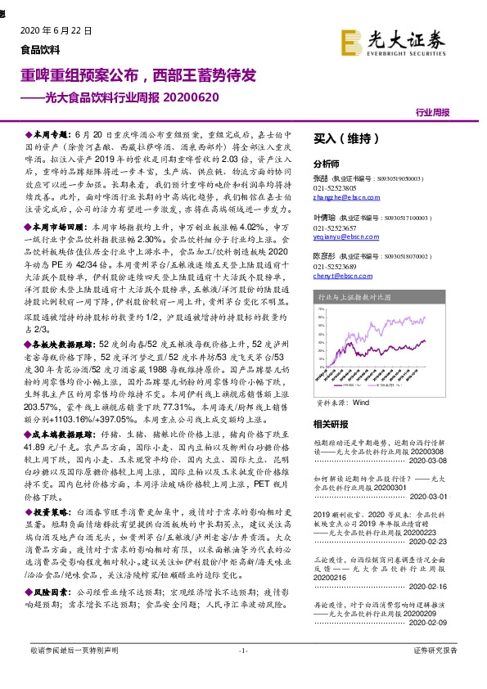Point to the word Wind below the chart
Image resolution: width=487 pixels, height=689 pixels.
(362, 403)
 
